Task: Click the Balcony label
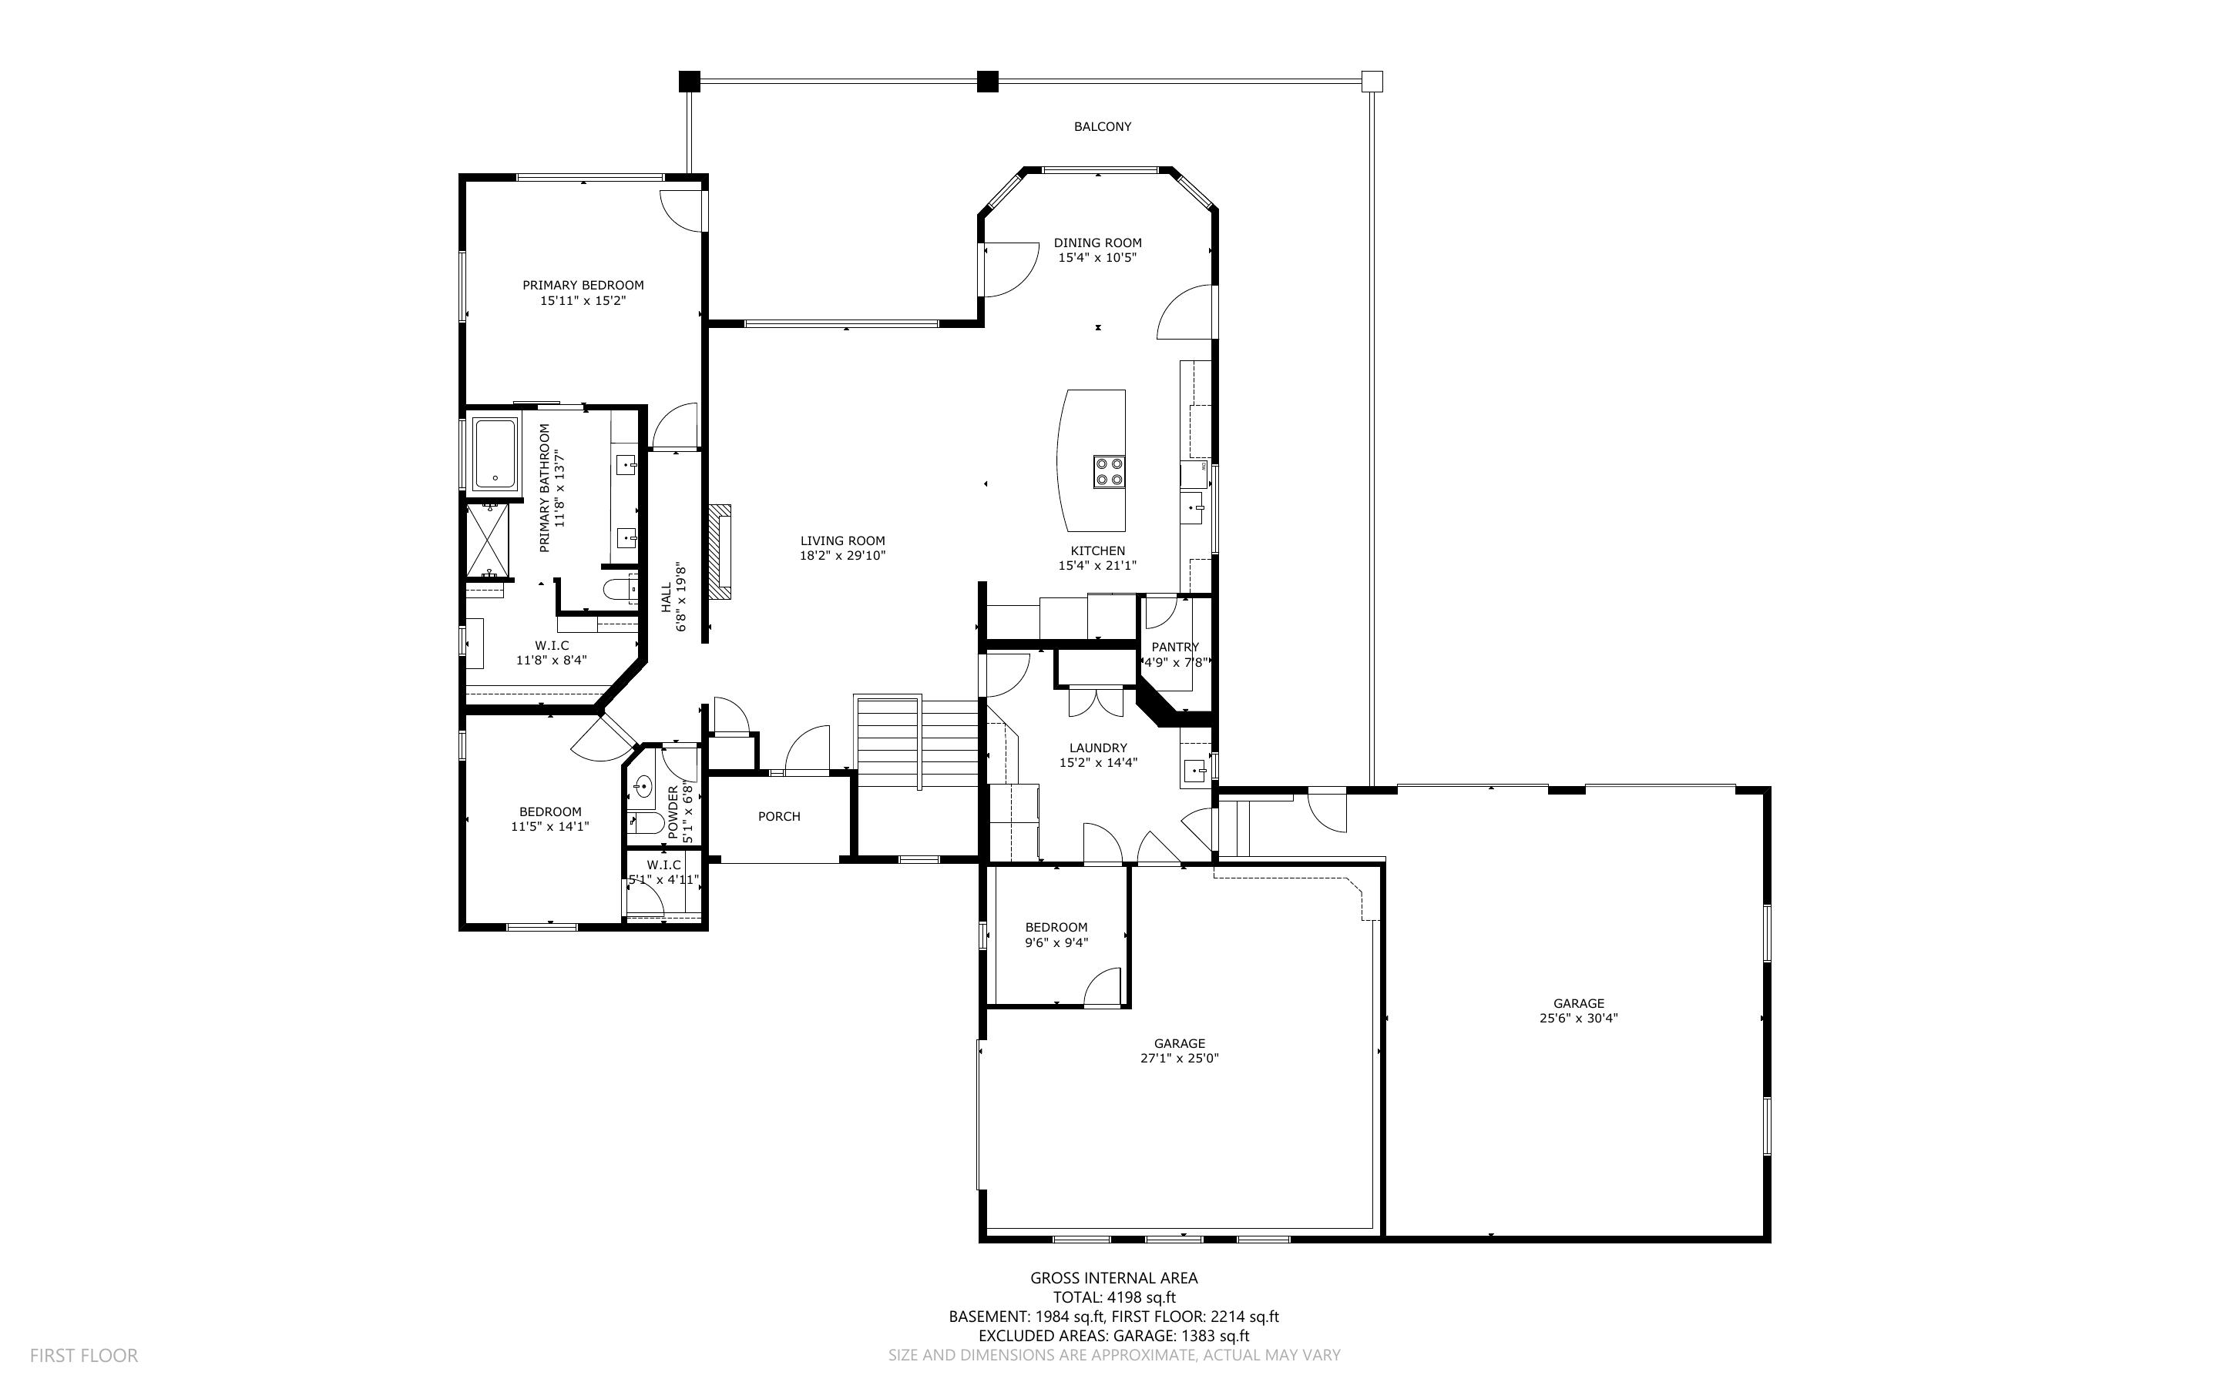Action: [x=1102, y=127]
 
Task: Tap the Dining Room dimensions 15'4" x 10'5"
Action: [x=1097, y=258]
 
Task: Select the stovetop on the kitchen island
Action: [x=1109, y=471]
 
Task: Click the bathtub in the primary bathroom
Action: [x=495, y=455]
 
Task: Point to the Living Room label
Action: [x=842, y=541]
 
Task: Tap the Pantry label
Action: [x=1174, y=647]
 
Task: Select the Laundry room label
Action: [x=1097, y=748]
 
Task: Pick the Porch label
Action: [x=778, y=817]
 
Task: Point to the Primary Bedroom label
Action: [x=583, y=286]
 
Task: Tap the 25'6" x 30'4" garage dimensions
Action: [x=1579, y=1019]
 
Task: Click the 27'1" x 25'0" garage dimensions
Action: [x=1179, y=1058]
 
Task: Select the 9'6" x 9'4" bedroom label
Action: [x=1056, y=935]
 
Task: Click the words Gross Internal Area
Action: [x=1113, y=1278]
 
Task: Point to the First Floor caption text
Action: [x=84, y=1355]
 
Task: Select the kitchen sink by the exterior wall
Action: [x=1194, y=507]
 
